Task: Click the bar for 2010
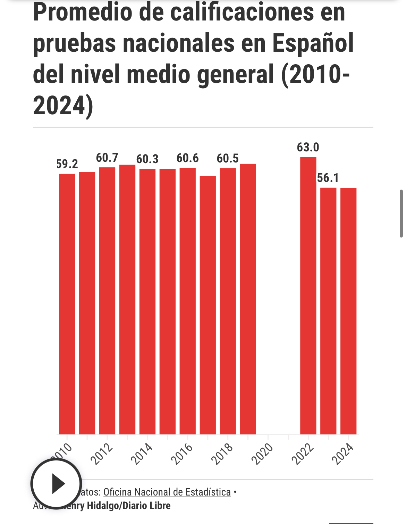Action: (67, 304)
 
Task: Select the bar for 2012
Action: (107, 301)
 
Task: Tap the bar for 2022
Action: (308, 296)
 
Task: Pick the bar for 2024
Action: (348, 311)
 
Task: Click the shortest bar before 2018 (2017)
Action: (208, 305)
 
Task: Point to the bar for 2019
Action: (248, 299)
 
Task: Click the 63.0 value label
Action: (308, 147)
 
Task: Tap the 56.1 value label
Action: (328, 178)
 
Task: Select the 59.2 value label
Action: (67, 164)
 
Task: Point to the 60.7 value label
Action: (107, 158)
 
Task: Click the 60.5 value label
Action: (228, 158)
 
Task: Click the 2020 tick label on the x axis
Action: (262, 454)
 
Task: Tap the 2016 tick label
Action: (182, 454)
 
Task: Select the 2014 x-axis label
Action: (142, 454)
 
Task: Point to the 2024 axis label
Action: (343, 454)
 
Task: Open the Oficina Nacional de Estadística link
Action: (167, 492)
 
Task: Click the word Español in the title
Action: (313, 43)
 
